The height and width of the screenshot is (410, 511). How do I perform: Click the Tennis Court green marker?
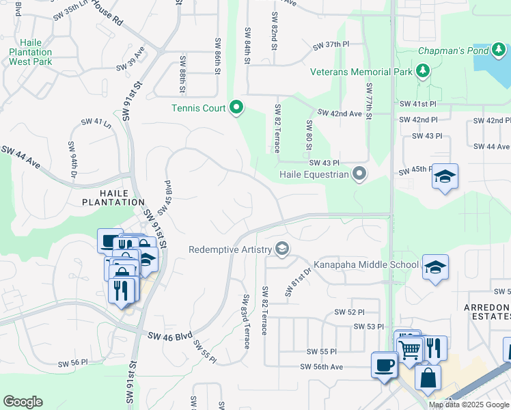pos(237,108)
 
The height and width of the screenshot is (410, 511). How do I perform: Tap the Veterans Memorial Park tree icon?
pos(423,71)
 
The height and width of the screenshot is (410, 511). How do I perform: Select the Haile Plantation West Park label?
pos(30,52)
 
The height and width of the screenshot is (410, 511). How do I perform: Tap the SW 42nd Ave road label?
pos(340,113)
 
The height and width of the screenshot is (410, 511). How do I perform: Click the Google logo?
pos(23,402)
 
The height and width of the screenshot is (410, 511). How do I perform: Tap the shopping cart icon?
pos(410,348)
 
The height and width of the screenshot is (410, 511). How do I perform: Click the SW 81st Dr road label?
pos(298,281)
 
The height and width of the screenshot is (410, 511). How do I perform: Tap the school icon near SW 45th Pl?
pos(445,177)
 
